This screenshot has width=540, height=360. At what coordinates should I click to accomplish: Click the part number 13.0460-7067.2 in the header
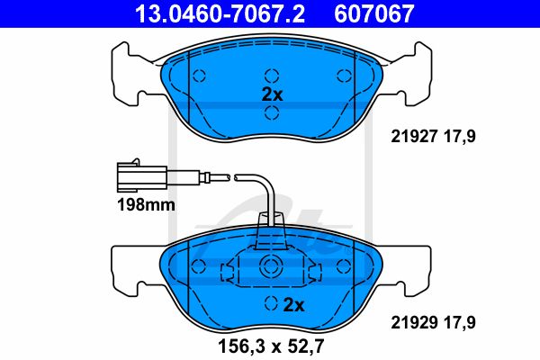pyautogui.click(x=220, y=13)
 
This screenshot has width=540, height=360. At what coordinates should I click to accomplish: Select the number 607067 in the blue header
pyautogui.click(x=374, y=13)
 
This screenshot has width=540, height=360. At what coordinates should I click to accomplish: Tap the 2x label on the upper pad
pyautogui.click(x=272, y=94)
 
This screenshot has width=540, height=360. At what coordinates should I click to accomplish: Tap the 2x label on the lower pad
pyautogui.click(x=293, y=305)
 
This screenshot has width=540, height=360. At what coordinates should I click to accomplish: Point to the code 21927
pyautogui.click(x=414, y=137)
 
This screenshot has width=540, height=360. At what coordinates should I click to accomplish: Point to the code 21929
pyautogui.click(x=414, y=322)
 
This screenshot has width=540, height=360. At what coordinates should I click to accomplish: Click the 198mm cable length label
pyautogui.click(x=146, y=205)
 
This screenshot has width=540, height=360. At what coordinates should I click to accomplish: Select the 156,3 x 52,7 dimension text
pyautogui.click(x=271, y=346)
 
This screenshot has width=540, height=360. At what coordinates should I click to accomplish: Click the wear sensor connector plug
pyautogui.click(x=142, y=176)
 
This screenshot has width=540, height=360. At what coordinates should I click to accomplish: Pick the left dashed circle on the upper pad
pyautogui.click(x=199, y=76)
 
